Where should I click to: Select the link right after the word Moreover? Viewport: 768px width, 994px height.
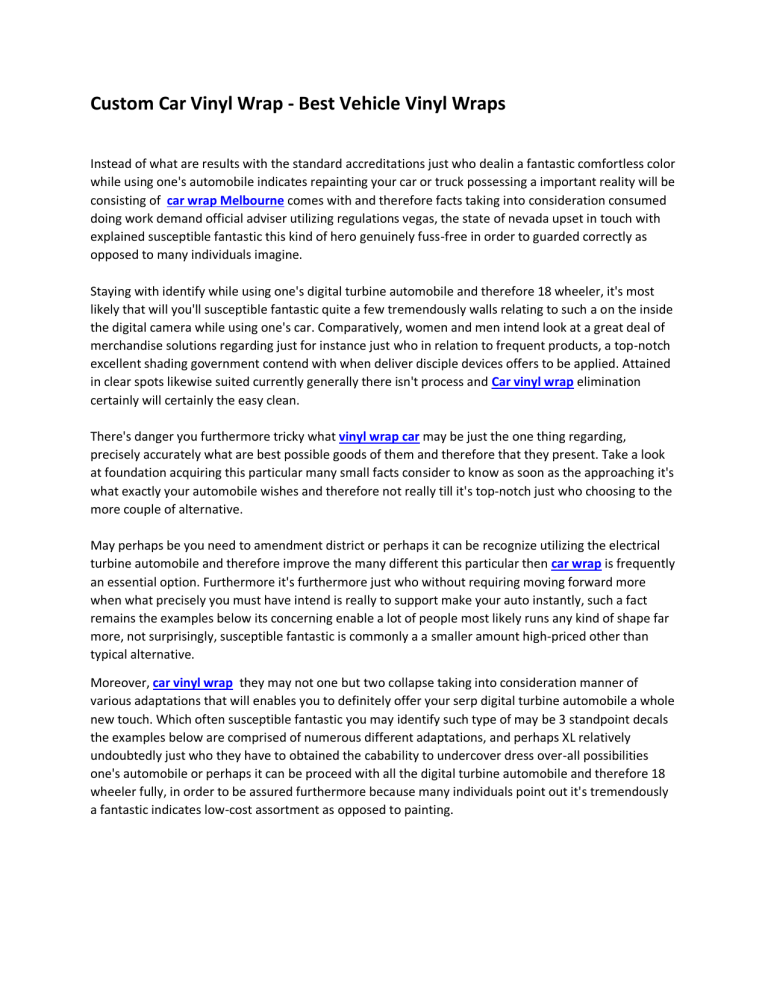[194, 684]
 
